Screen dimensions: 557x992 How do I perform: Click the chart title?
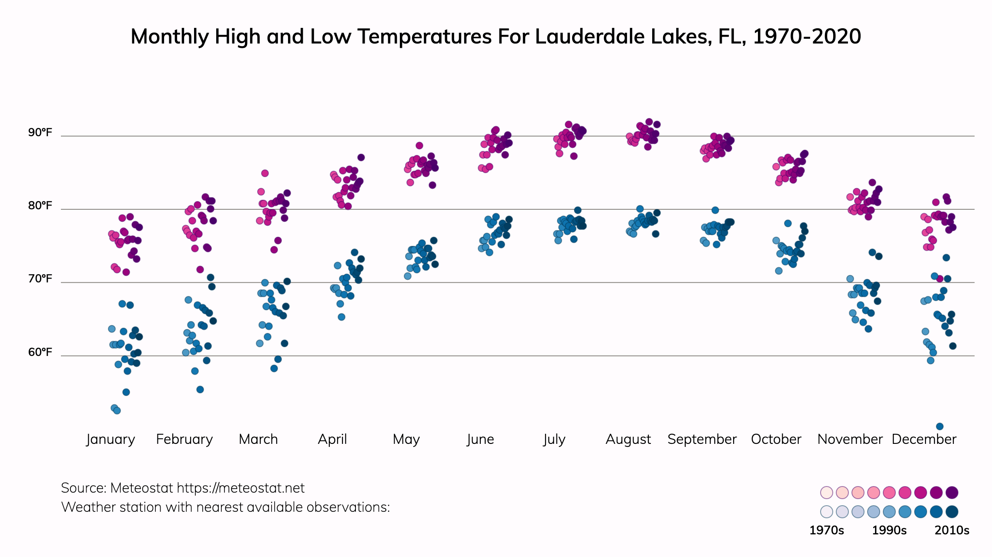pyautogui.click(x=496, y=37)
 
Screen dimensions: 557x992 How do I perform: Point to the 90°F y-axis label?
pyautogui.click(x=40, y=132)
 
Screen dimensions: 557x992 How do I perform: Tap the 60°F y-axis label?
pyautogui.click(x=40, y=352)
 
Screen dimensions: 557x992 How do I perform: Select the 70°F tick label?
pyautogui.click(x=40, y=278)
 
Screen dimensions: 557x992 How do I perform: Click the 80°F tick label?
pyautogui.click(x=40, y=205)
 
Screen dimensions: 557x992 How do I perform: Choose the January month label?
pyautogui.click(x=111, y=439)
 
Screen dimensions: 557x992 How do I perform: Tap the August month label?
pyautogui.click(x=628, y=439)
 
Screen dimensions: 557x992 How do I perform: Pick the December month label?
pyautogui.click(x=924, y=439)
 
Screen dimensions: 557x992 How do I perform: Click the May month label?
pyautogui.click(x=406, y=439)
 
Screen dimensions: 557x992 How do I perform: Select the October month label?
pyautogui.click(x=776, y=439)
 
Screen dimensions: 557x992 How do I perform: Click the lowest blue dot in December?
pyautogui.click(x=940, y=426)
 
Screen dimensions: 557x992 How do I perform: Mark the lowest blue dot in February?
pyautogui.click(x=200, y=389)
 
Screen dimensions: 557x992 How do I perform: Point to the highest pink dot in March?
pyautogui.click(x=265, y=173)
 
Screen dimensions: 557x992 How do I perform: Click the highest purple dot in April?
pyautogui.click(x=361, y=158)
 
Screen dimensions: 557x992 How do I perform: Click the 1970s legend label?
pyautogui.click(x=826, y=530)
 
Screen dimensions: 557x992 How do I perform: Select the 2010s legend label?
pyautogui.click(x=952, y=530)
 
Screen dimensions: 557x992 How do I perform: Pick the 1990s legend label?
pyautogui.click(x=889, y=530)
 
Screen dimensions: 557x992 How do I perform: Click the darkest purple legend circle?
pyautogui.click(x=952, y=493)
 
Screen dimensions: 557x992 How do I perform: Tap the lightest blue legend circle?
pyautogui.click(x=827, y=512)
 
